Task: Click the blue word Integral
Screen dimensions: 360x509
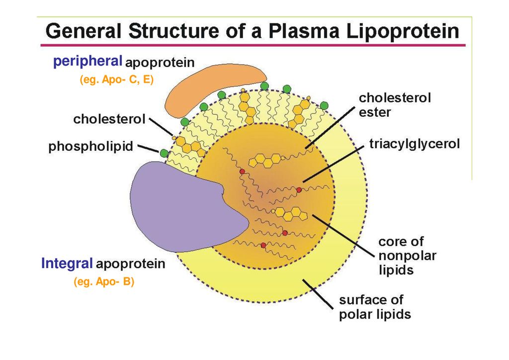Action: (x=67, y=264)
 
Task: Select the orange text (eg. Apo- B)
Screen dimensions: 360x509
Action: (x=104, y=282)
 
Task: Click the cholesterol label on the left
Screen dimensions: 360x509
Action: (x=109, y=120)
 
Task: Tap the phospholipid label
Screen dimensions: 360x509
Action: (x=91, y=147)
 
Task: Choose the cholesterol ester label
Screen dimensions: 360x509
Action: (x=394, y=105)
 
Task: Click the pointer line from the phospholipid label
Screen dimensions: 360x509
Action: (x=147, y=148)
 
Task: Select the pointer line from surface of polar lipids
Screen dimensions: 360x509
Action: (x=318, y=293)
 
